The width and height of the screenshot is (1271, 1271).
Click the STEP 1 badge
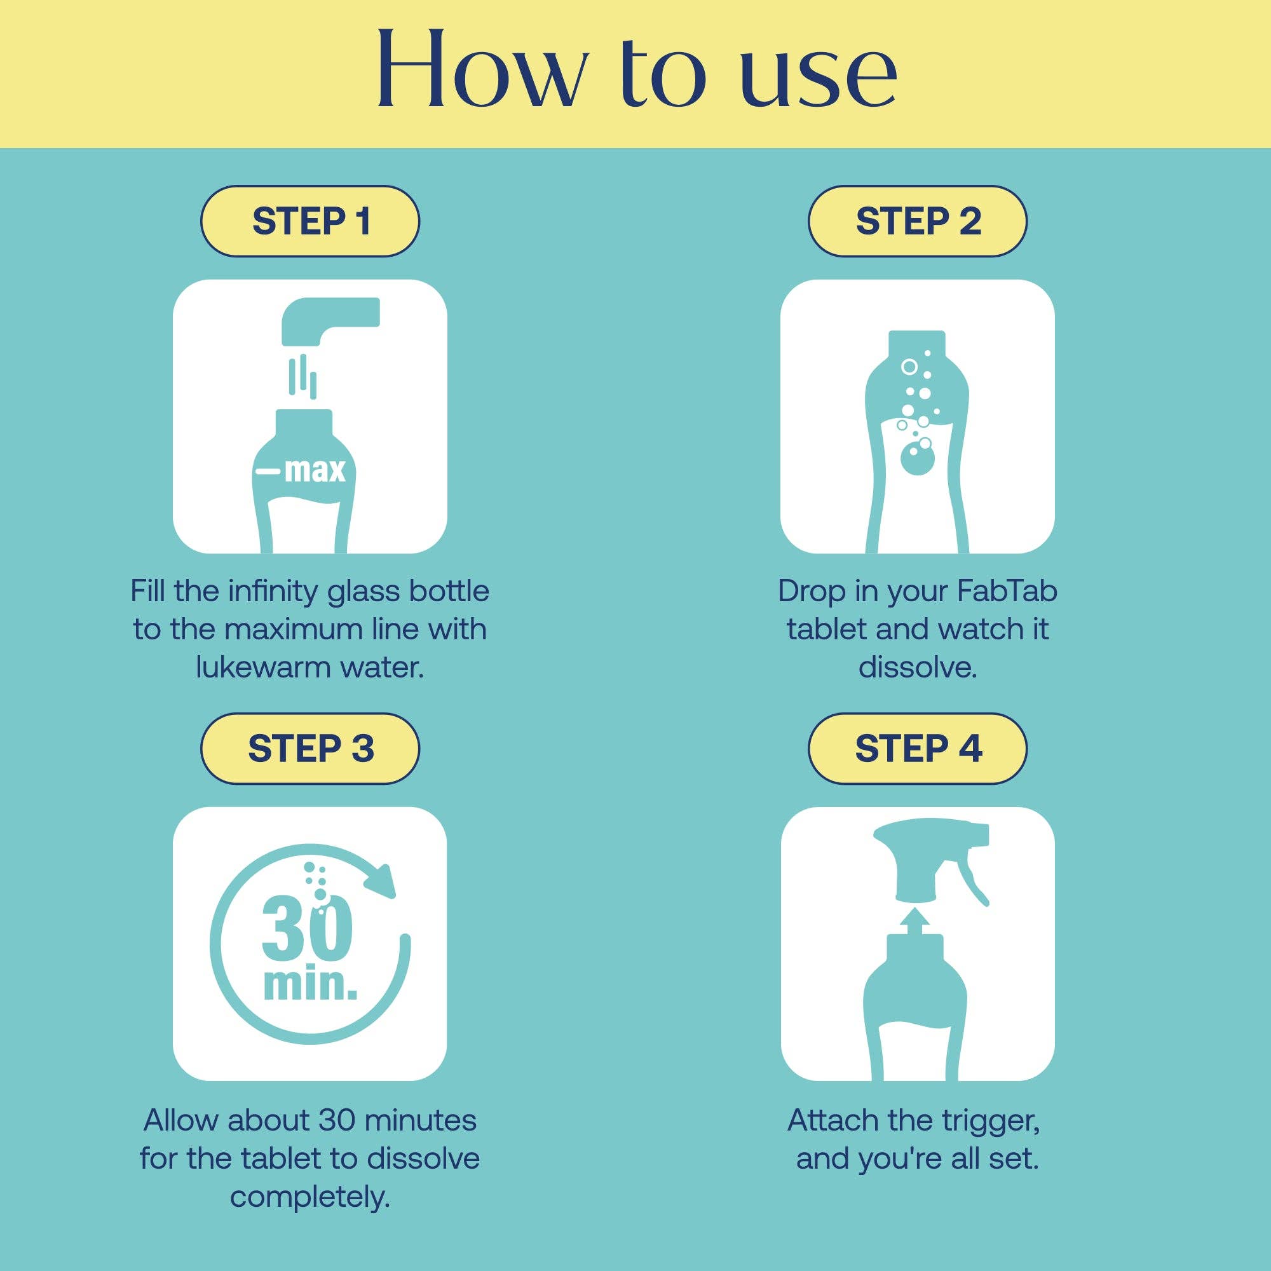(x=310, y=221)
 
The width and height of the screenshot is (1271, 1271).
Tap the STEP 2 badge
(x=917, y=221)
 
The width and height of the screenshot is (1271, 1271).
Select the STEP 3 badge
(x=310, y=749)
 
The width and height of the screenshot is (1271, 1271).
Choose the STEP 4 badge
(x=917, y=749)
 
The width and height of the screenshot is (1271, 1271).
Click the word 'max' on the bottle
(x=315, y=470)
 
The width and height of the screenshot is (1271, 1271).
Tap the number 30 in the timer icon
(x=307, y=928)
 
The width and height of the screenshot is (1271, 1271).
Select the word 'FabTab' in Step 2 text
(x=1006, y=591)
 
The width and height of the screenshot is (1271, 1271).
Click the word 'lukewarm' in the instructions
(x=263, y=667)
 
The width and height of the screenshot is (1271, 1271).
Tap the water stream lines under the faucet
(x=303, y=376)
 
